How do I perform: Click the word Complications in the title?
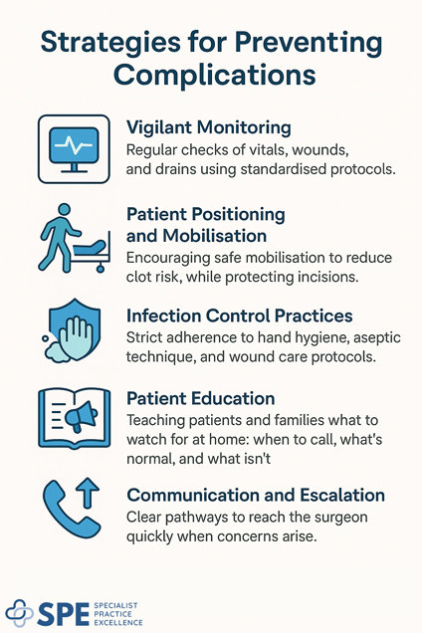click(211, 74)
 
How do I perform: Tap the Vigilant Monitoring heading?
click(208, 127)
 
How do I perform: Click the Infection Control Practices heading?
click(239, 316)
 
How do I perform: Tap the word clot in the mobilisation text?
click(143, 278)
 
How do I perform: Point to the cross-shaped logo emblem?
click(21, 613)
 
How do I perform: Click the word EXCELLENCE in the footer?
click(120, 623)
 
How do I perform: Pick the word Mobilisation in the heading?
click(215, 236)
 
